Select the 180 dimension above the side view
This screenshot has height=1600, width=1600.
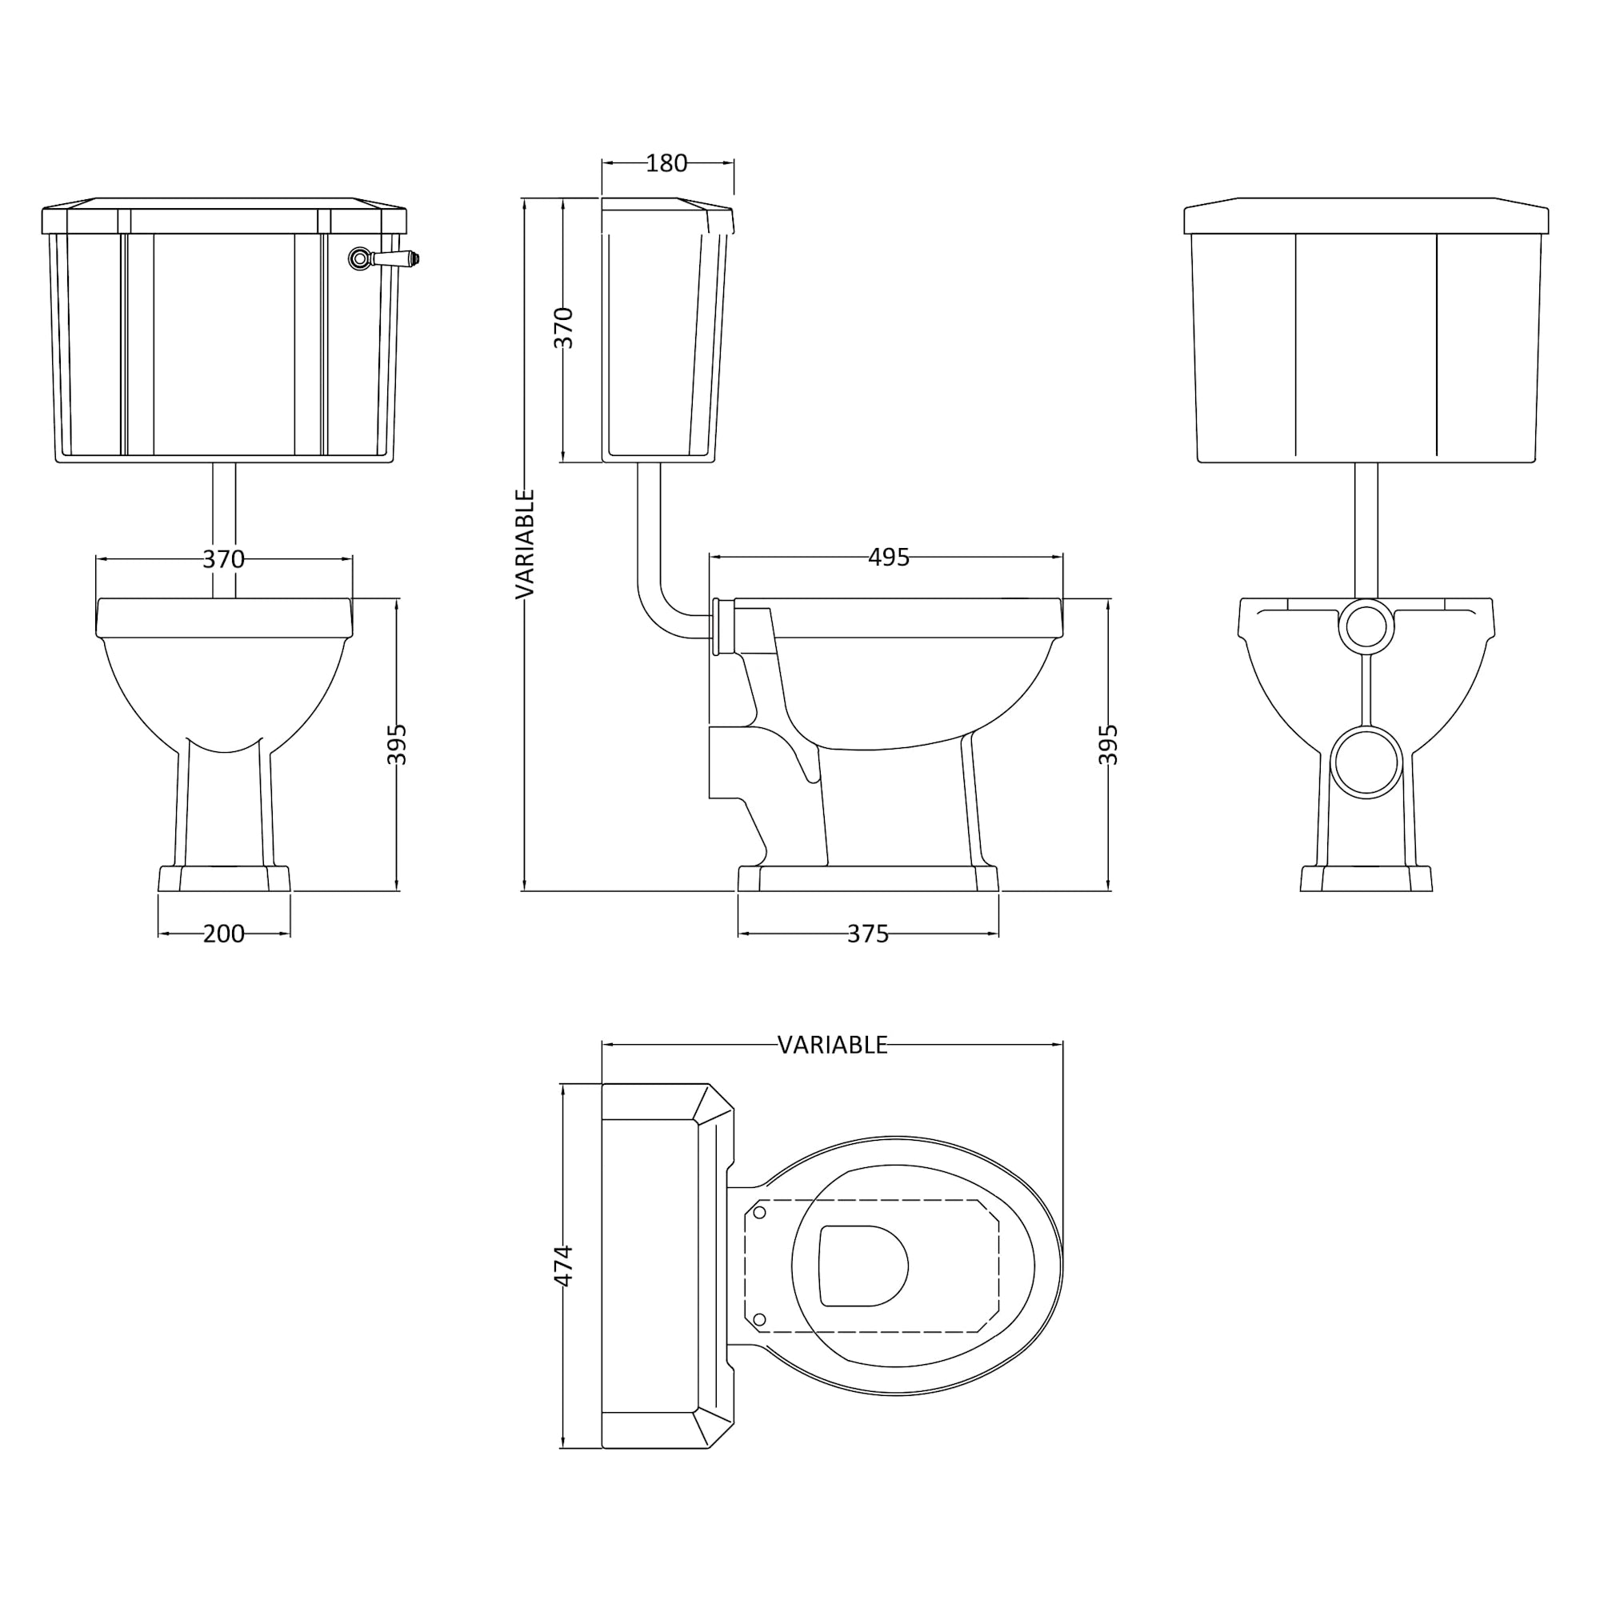point(666,163)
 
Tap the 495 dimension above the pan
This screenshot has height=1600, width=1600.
point(888,558)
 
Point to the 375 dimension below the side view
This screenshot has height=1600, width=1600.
point(867,934)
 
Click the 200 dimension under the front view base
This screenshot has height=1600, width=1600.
point(224,934)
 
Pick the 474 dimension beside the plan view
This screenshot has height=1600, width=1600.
point(563,1265)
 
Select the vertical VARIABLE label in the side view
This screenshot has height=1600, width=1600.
point(525,543)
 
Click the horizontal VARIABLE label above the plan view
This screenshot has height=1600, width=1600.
point(832,1045)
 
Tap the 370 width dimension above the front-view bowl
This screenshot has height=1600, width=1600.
point(224,559)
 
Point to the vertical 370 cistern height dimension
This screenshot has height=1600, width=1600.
point(563,327)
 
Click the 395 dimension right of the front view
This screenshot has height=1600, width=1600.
point(398,744)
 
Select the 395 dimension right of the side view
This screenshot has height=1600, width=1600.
point(1109,744)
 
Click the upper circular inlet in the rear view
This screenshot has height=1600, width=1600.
point(1366,626)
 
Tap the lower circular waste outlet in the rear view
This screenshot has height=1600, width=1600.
point(1366,762)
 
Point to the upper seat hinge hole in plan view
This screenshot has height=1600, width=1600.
point(759,1213)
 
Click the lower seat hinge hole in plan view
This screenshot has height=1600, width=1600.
point(759,1318)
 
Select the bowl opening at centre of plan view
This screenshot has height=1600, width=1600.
point(862,1266)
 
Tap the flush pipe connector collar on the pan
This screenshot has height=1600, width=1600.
point(723,626)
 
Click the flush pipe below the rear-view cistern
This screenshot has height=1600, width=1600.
point(1366,530)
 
